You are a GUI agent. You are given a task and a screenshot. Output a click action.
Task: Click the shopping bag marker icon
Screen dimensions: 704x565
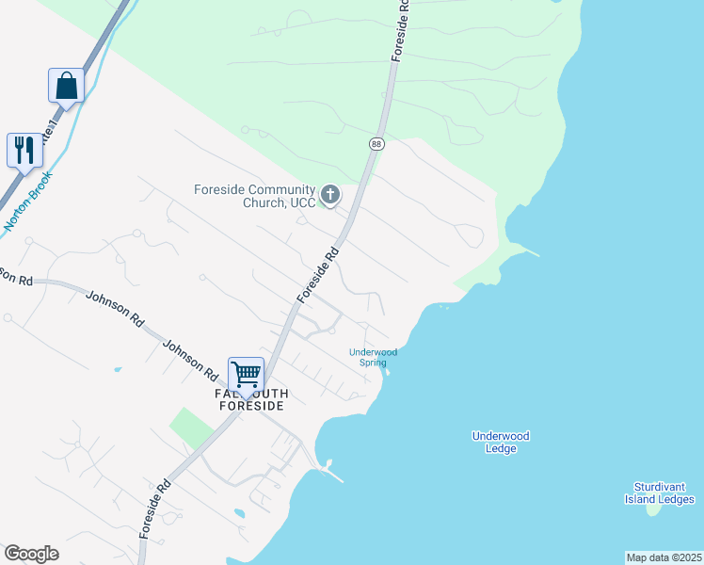(66, 85)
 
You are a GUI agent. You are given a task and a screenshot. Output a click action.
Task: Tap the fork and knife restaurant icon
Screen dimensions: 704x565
(24, 149)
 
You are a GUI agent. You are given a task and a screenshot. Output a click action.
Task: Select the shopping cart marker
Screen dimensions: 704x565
(246, 373)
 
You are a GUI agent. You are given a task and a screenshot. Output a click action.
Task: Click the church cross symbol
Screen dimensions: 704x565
(329, 195)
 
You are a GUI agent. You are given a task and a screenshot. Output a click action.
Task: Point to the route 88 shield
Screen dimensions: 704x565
(376, 143)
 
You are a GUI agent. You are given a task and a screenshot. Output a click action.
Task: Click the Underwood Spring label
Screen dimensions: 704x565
(374, 357)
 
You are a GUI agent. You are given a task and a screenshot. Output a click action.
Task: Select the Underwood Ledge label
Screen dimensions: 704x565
(501, 442)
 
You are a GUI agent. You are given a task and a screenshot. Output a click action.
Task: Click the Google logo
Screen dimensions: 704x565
(31, 554)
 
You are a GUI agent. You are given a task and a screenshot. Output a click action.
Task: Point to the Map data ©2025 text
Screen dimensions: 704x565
(664, 557)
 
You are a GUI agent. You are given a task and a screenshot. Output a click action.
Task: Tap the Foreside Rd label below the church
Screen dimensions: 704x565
(317, 275)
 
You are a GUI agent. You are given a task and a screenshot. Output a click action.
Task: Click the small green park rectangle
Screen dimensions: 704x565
(191, 428)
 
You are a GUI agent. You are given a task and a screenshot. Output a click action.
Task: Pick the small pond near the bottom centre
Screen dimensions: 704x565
(238, 513)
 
